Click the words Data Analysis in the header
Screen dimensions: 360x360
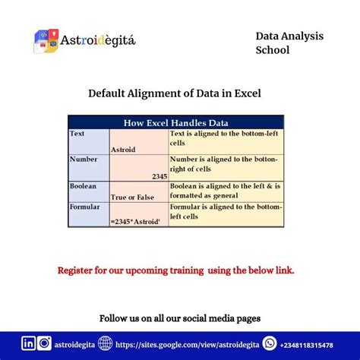tap(289, 36)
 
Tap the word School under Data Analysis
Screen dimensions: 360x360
tap(273, 51)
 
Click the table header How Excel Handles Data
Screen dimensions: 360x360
tap(175, 122)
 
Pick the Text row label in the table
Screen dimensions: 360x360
tap(77, 134)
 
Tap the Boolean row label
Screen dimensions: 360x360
tap(83, 185)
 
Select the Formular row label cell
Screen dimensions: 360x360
tap(84, 207)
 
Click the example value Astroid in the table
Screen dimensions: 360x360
tap(123, 150)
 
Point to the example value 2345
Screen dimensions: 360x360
tap(159, 175)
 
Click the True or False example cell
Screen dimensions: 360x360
tap(133, 197)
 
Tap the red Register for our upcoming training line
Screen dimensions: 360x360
tap(175, 270)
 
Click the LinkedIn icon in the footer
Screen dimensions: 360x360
tap(29, 343)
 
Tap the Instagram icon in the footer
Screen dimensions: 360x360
tap(45, 343)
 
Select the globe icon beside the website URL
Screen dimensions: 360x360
tap(106, 343)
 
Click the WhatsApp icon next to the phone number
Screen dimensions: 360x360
tap(269, 343)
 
